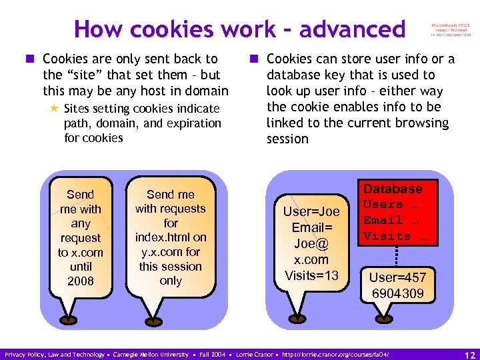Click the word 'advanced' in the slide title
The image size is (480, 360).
352,29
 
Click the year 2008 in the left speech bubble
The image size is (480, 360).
81,281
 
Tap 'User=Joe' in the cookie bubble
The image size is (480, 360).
311,212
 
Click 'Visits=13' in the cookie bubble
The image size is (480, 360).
311,275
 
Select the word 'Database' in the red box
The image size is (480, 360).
393,189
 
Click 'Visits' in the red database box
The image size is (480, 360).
387,236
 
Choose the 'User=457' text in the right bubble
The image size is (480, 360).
397,277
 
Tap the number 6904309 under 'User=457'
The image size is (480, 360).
397,293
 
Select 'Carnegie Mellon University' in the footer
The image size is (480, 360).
151,355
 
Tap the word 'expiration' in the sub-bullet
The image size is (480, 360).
193,123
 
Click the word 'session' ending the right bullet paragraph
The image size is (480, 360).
287,139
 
